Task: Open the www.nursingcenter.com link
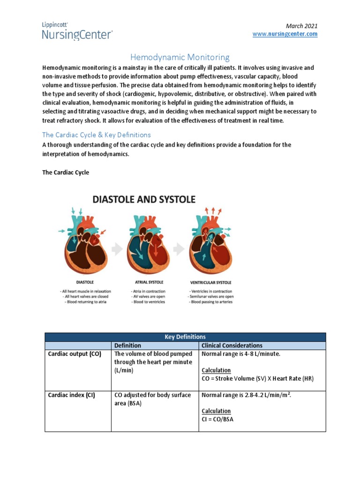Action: (x=285, y=34)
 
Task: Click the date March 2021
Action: (x=302, y=26)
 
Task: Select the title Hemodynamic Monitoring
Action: (x=180, y=57)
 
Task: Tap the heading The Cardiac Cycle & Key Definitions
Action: (x=97, y=135)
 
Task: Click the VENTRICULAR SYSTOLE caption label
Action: (x=210, y=283)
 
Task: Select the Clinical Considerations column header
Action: (x=232, y=345)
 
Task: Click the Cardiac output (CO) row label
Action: (x=75, y=354)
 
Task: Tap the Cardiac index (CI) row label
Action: (x=72, y=395)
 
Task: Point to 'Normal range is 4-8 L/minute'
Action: (x=240, y=354)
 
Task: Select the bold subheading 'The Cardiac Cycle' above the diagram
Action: (x=66, y=172)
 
